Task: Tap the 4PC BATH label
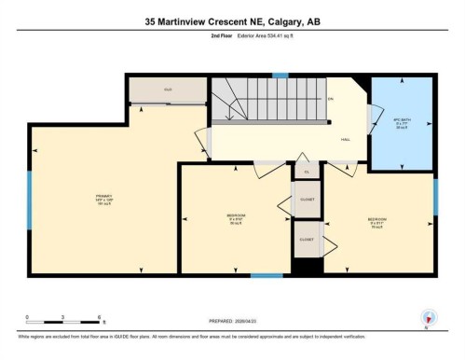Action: click(403, 122)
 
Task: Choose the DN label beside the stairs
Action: click(330, 98)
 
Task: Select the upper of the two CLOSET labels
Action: click(307, 199)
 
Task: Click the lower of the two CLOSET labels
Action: click(307, 239)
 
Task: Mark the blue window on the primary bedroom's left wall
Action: click(29, 199)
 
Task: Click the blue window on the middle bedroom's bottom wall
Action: click(267, 274)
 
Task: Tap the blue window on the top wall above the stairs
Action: click(280, 75)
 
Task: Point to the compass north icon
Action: click(429, 317)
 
